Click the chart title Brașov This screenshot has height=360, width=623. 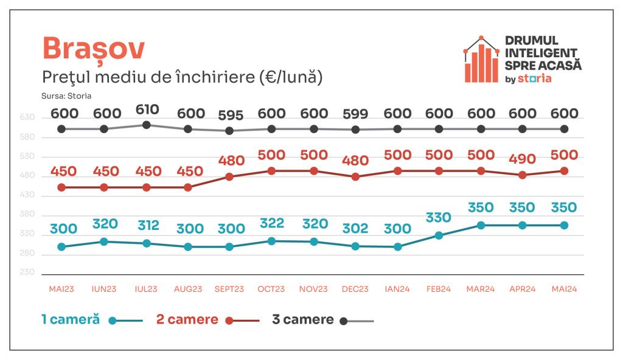(93, 49)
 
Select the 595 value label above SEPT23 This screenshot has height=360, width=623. (230, 116)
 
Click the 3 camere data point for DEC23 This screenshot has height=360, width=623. (355, 130)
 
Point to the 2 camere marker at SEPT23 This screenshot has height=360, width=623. (230, 177)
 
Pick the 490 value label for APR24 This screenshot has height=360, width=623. (523, 159)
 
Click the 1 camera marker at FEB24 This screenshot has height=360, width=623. (439, 235)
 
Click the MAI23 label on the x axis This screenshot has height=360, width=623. (61, 289)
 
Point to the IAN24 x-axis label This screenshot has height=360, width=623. (397, 289)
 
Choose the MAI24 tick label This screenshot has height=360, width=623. (564, 289)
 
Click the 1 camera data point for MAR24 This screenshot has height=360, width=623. (481, 225)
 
